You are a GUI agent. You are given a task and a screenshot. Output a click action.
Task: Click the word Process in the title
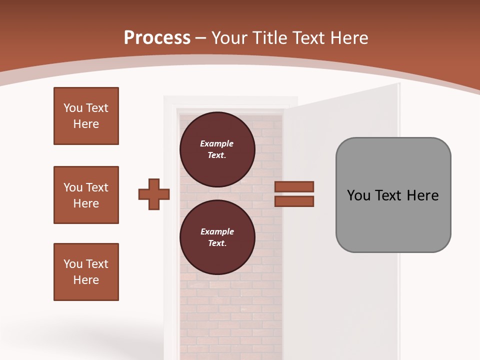click(157, 38)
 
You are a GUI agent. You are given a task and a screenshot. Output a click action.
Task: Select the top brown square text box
click(86, 116)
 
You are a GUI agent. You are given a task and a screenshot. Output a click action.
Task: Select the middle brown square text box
click(86, 195)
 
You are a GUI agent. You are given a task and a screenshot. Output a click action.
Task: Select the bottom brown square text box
click(86, 272)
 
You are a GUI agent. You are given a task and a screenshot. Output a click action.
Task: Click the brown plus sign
click(154, 194)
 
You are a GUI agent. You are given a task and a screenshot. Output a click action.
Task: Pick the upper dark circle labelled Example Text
click(217, 149)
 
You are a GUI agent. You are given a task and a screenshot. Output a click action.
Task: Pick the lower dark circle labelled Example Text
click(217, 237)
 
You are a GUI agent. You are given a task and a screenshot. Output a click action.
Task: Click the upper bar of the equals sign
click(294, 187)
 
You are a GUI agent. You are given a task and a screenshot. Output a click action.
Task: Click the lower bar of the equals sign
click(294, 201)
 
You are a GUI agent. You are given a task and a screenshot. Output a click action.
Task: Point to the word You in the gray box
click(358, 195)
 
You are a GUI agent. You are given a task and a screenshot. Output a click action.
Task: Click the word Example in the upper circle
click(217, 144)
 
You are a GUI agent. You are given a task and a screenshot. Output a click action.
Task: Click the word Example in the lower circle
click(217, 232)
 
